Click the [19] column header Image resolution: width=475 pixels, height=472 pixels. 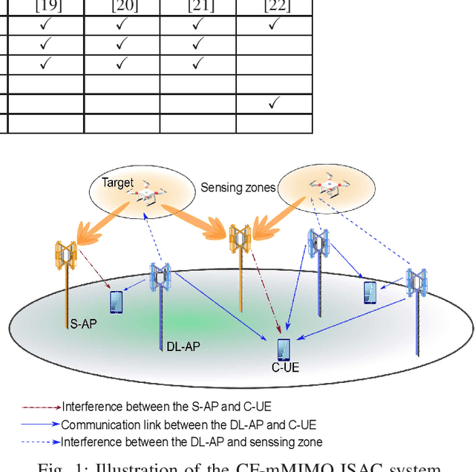(x=45, y=7)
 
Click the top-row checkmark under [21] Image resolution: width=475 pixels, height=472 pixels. (x=197, y=25)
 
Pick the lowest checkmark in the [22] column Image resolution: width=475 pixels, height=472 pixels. (x=272, y=104)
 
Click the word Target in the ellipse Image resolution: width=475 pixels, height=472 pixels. (x=118, y=182)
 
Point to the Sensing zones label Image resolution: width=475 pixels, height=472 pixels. (x=237, y=188)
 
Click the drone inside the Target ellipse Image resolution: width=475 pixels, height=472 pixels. (x=147, y=195)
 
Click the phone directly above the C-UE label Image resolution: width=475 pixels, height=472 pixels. (x=283, y=349)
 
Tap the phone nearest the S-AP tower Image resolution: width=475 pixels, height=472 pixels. (x=116, y=301)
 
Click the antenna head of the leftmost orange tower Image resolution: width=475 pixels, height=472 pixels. (x=67, y=254)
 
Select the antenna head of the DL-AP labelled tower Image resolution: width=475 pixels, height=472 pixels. (x=161, y=276)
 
